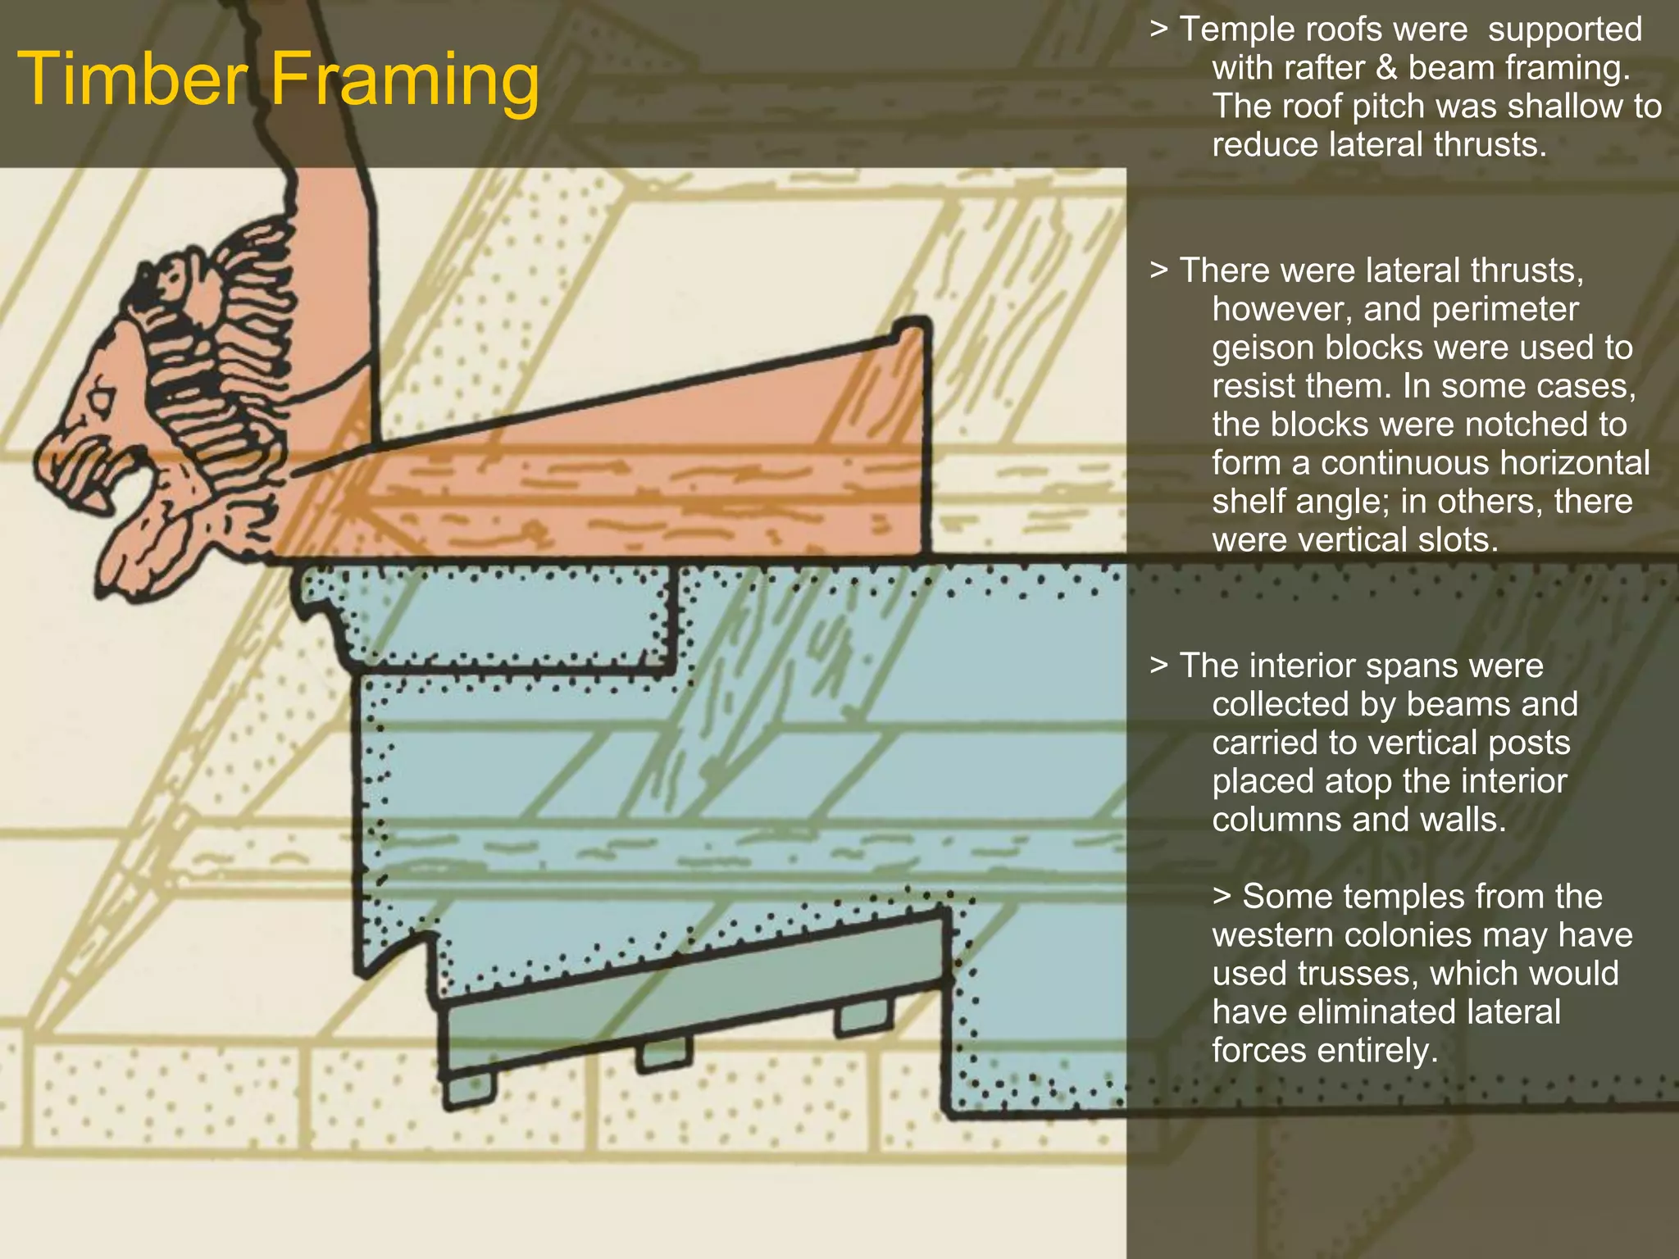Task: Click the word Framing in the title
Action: [405, 80]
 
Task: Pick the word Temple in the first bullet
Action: [1236, 30]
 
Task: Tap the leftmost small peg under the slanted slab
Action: [469, 1089]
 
